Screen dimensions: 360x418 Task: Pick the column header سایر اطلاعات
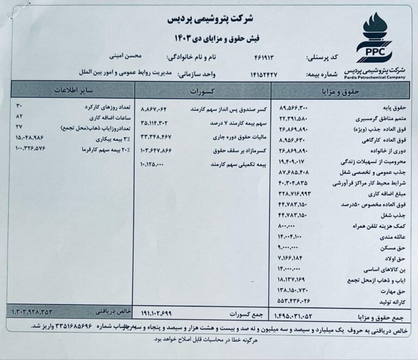click(x=78, y=90)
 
